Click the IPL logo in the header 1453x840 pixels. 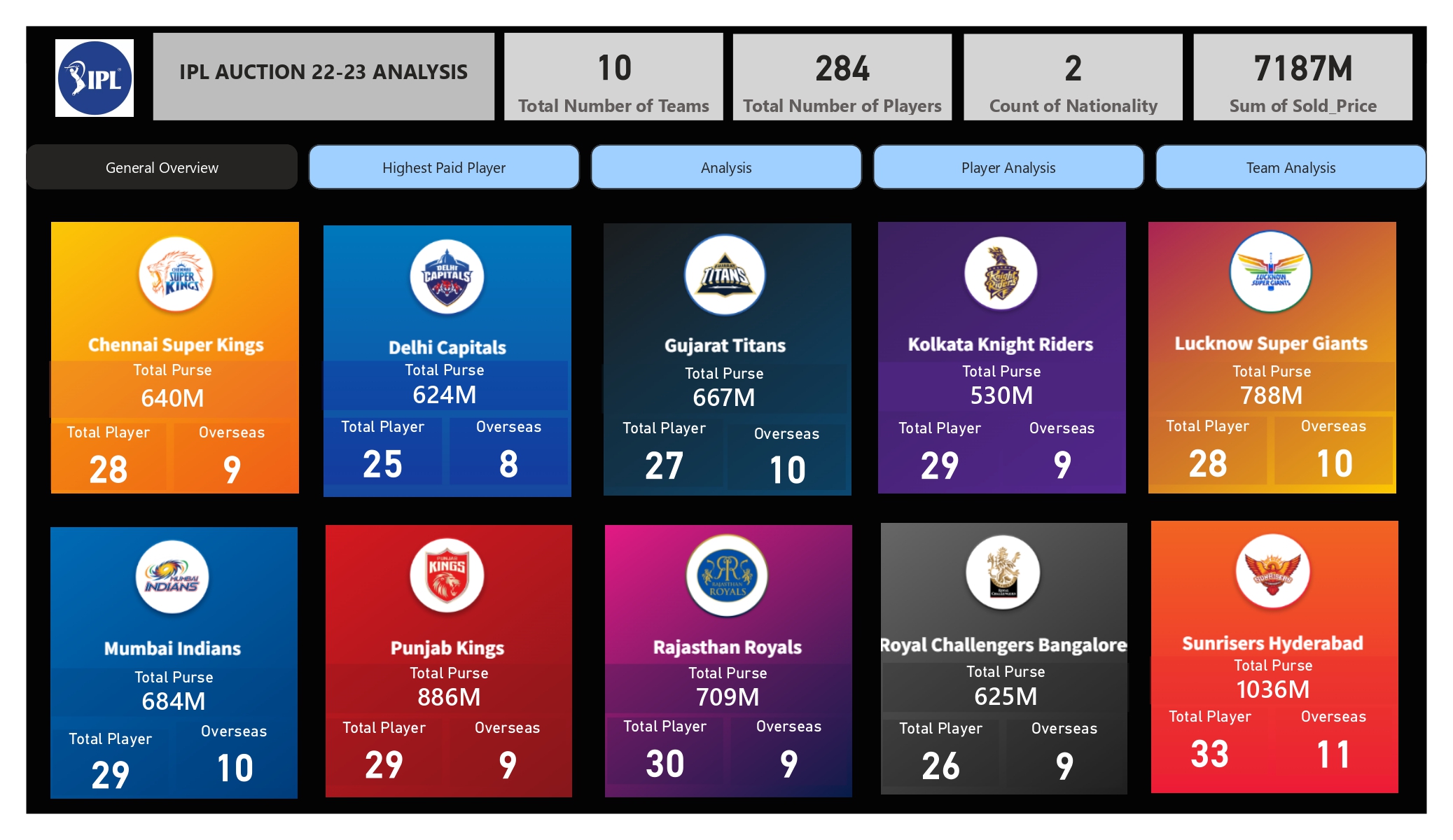95,78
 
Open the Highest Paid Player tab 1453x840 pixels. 444,168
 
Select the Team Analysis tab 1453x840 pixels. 1290,168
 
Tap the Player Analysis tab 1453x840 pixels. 1008,168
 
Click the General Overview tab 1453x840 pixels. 162,168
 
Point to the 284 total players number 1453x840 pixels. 842,69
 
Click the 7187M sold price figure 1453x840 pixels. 1302,69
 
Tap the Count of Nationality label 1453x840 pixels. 1073,106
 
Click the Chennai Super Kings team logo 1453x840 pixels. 176,274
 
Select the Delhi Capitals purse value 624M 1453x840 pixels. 445,395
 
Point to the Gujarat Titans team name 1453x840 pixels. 725,346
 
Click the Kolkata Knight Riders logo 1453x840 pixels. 1001,274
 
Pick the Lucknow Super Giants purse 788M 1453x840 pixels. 1271,395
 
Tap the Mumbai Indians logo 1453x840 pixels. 172,577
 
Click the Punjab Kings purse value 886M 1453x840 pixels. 449,697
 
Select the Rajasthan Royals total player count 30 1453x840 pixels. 665,764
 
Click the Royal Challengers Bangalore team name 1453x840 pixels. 1003,645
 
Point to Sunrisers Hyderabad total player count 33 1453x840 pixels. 1209,755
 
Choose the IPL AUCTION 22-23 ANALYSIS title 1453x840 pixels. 323,72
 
